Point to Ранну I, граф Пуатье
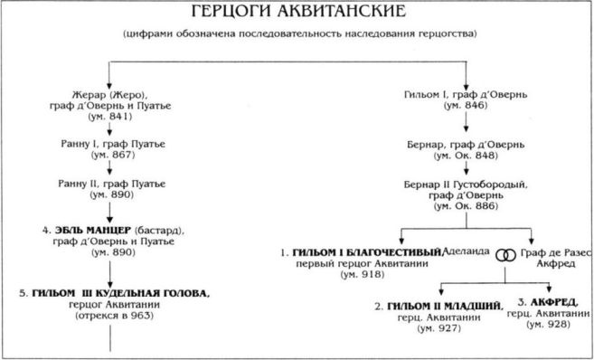pos(111,144)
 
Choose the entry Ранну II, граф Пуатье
pos(111,184)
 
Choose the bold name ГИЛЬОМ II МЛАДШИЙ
pos(443,306)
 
